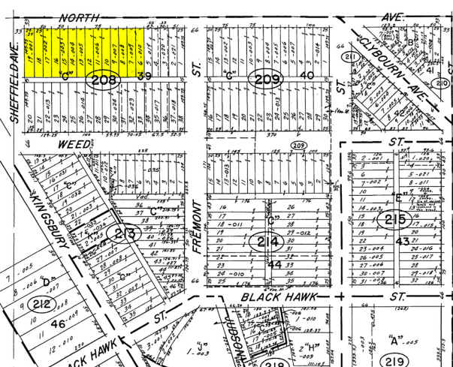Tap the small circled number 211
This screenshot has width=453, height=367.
(x=349, y=57)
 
